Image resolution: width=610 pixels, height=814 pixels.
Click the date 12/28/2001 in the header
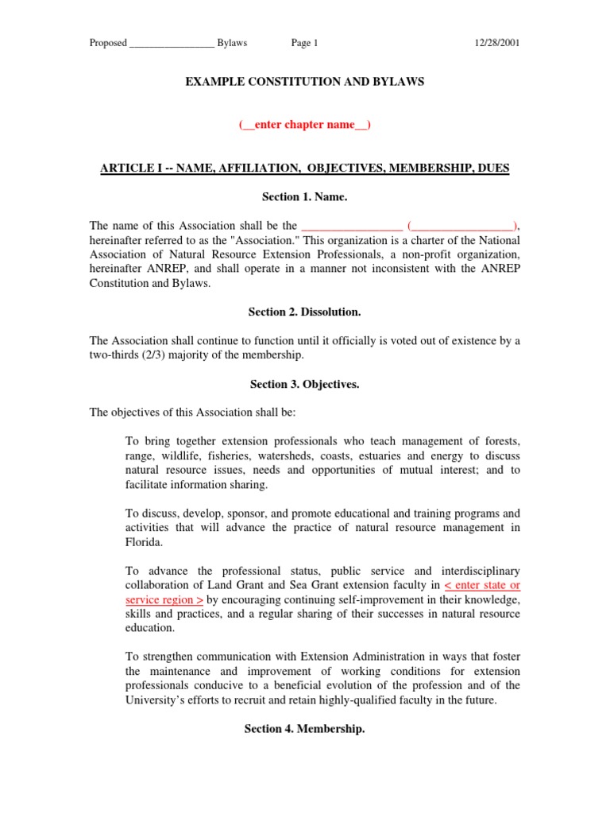click(496, 43)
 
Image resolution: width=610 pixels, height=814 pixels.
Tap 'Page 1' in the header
click(304, 43)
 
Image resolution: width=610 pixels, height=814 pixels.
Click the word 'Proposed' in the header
click(108, 43)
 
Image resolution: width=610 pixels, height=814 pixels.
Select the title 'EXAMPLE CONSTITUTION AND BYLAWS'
click(305, 82)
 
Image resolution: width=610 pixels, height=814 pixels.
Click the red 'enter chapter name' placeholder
click(305, 125)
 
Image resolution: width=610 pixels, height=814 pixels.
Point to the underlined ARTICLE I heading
click(305, 168)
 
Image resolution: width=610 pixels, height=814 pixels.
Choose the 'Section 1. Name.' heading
click(305, 196)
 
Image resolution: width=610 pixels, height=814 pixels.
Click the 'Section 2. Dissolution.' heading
click(305, 312)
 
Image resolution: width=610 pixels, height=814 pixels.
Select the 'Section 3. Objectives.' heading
click(305, 384)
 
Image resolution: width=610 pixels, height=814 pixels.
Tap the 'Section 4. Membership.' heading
click(305, 728)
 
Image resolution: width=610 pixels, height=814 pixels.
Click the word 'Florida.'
click(145, 541)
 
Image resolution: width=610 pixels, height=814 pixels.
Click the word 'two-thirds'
click(113, 355)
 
